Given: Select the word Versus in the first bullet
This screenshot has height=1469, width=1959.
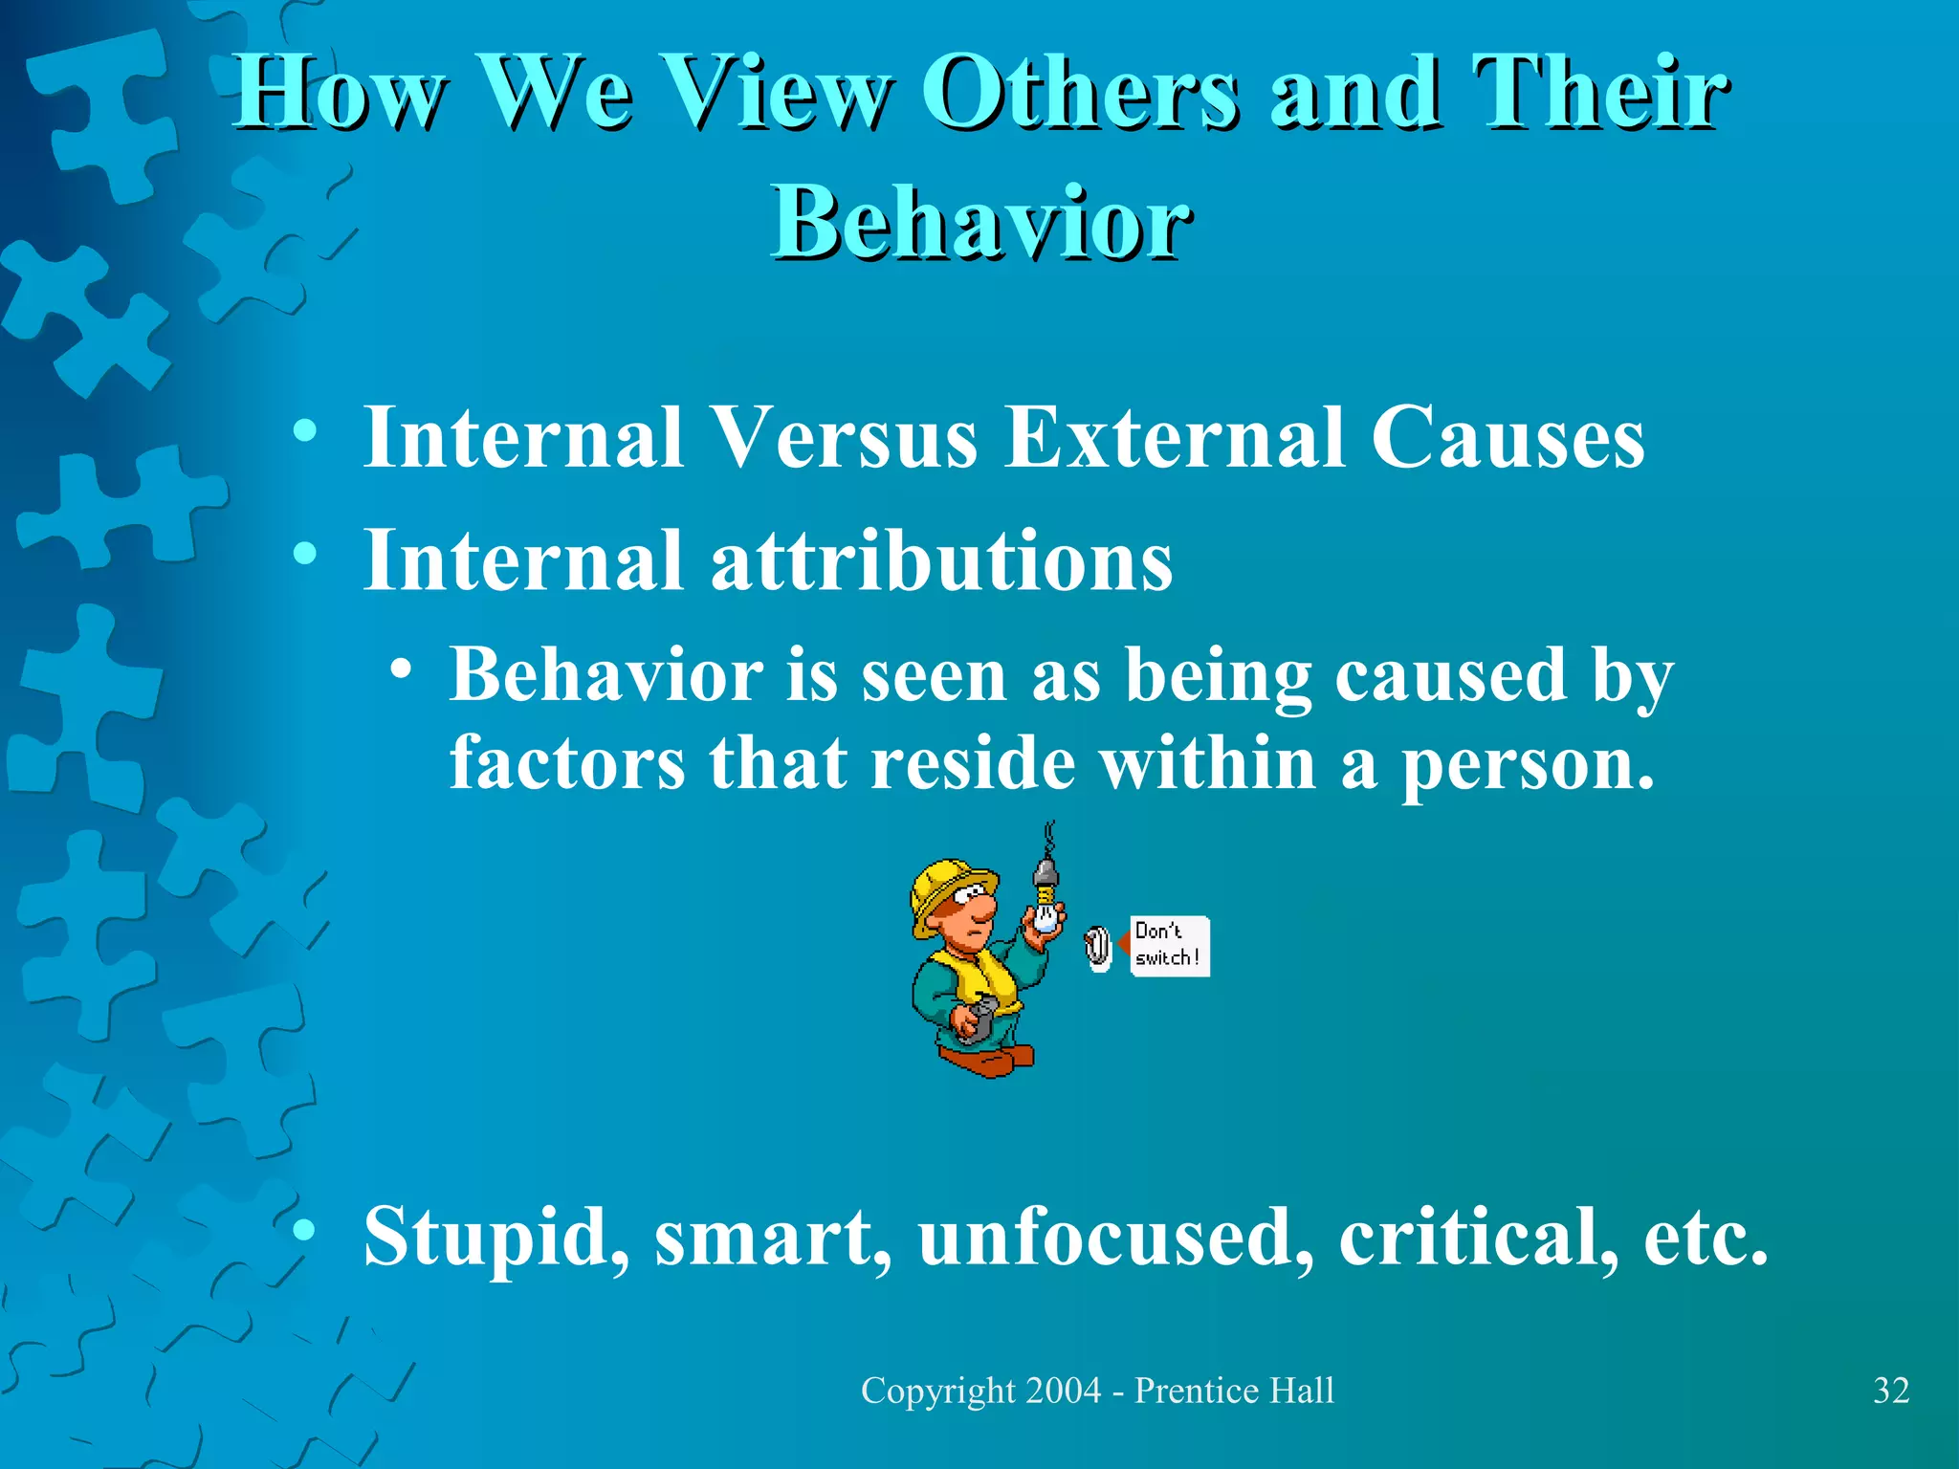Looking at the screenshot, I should pos(846,437).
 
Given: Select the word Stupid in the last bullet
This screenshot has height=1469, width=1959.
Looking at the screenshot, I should pos(495,1237).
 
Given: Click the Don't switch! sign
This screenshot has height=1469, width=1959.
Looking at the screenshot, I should pos(1168,946).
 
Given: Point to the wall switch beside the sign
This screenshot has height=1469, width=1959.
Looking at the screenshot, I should pos(1099,948).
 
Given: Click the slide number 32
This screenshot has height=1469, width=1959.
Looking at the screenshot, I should pos(1891,1391).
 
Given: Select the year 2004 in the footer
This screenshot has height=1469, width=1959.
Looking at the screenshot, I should pos(1062,1391).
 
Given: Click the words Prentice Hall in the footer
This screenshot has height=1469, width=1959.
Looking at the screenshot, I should pos(1233,1391).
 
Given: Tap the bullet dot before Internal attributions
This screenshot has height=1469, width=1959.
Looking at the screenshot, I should pos(304,554).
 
